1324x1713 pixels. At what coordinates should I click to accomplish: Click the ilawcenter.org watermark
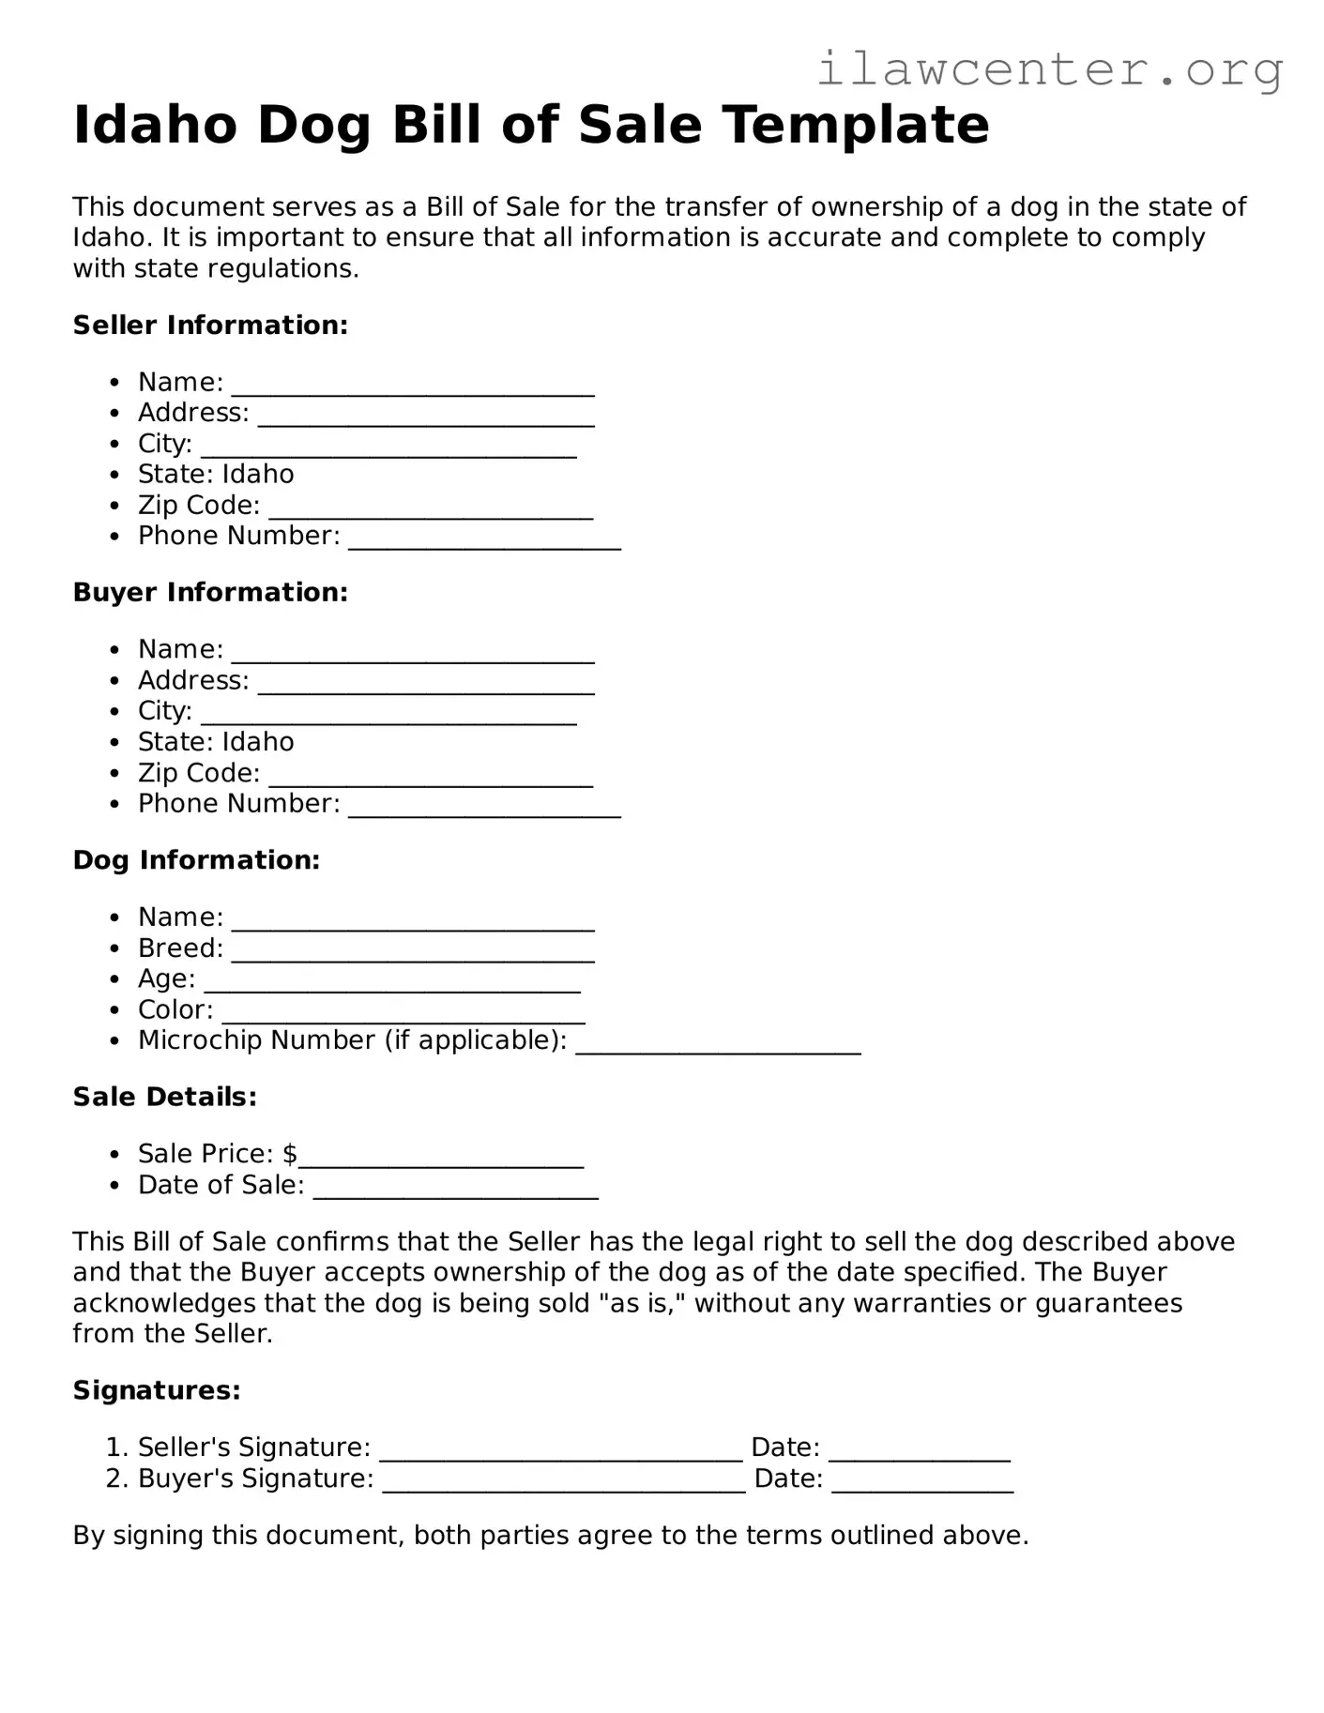tap(1049, 70)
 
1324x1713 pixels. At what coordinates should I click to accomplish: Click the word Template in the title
tap(857, 126)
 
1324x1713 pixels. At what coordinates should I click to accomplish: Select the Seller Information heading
tap(210, 326)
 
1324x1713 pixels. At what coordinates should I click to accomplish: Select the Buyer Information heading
tap(210, 593)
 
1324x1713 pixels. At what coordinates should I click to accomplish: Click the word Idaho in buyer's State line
tap(258, 742)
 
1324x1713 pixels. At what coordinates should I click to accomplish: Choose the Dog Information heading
tap(196, 860)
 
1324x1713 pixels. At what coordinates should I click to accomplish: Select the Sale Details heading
tap(164, 1097)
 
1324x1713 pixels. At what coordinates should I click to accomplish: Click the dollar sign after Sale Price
tap(290, 1154)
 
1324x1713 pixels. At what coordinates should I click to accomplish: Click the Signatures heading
tap(157, 1390)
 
